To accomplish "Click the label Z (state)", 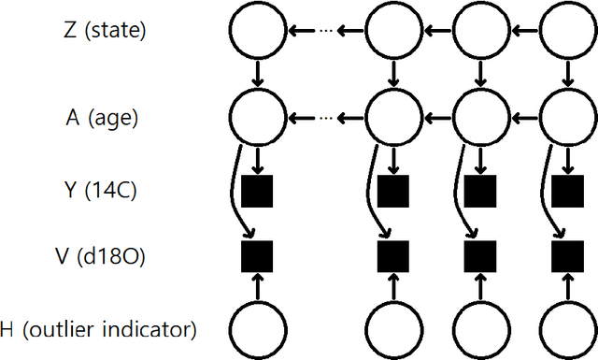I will [x=105, y=30].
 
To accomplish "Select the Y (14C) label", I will [x=105, y=191].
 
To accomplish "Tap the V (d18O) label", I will [x=105, y=254].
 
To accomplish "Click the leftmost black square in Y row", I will [x=257, y=191].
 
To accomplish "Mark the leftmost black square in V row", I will [x=257, y=253].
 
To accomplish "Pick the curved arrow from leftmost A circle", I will [x=235, y=196].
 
